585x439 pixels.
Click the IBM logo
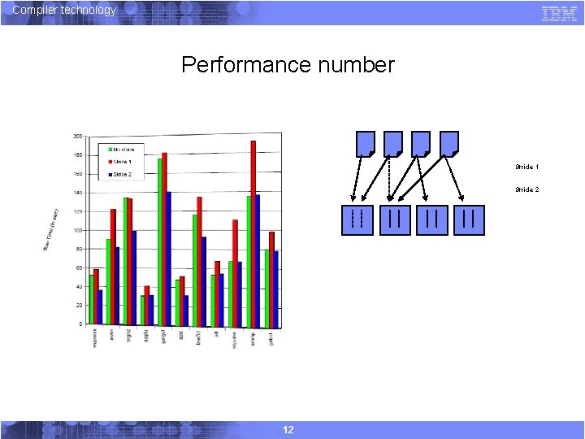pos(559,13)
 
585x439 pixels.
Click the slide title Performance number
pos(288,65)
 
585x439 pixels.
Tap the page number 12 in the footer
pos(288,429)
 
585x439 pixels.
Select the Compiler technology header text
pos(65,10)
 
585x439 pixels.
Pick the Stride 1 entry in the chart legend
pos(123,162)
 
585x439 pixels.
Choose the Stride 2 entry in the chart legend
pos(123,174)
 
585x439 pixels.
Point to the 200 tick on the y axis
pos(77,136)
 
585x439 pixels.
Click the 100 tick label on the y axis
pos(77,230)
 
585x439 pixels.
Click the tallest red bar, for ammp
pos(253,232)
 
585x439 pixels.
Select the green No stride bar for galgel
pos(160,241)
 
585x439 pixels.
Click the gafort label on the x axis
pos(272,338)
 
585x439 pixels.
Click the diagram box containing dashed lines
pos(356,219)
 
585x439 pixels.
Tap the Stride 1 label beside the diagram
pos(526,167)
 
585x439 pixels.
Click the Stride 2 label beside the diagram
pos(526,189)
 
